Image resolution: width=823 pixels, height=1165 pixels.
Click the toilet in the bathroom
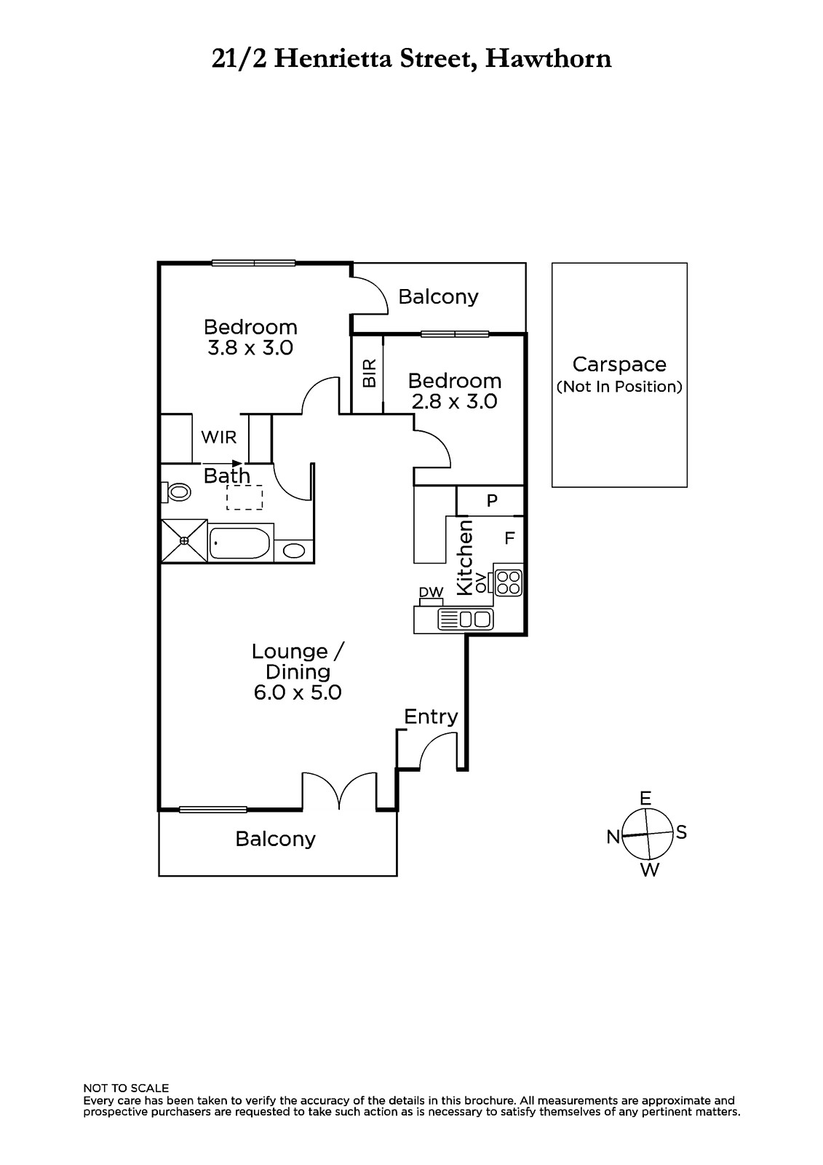(x=176, y=491)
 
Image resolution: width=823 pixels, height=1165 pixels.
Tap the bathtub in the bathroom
(x=239, y=543)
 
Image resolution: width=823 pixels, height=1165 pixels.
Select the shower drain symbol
(x=184, y=541)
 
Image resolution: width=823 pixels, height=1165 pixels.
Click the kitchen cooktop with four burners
(x=508, y=582)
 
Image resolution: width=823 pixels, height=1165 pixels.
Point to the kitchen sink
(x=465, y=619)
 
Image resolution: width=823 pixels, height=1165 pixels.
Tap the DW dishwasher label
(x=431, y=592)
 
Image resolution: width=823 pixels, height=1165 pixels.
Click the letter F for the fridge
(x=509, y=538)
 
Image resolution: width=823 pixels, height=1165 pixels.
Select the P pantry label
(x=492, y=500)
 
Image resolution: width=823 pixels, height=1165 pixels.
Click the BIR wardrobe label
(x=369, y=374)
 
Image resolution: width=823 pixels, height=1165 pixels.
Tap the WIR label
(x=218, y=438)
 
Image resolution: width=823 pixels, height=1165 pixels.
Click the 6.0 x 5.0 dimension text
(x=298, y=692)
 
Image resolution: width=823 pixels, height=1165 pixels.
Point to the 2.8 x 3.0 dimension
(x=454, y=401)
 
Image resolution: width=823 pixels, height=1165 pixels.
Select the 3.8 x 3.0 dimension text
(x=250, y=347)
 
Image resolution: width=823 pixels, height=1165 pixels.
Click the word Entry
(x=431, y=717)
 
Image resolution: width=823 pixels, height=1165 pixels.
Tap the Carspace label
(x=619, y=365)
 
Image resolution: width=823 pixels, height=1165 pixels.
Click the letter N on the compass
(x=613, y=837)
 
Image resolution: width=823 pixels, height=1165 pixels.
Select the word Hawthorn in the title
(x=549, y=59)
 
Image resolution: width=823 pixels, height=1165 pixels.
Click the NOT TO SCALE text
(x=126, y=1088)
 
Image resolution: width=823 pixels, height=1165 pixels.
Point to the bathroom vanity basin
(x=294, y=550)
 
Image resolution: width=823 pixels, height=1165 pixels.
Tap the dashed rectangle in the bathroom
(x=244, y=497)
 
